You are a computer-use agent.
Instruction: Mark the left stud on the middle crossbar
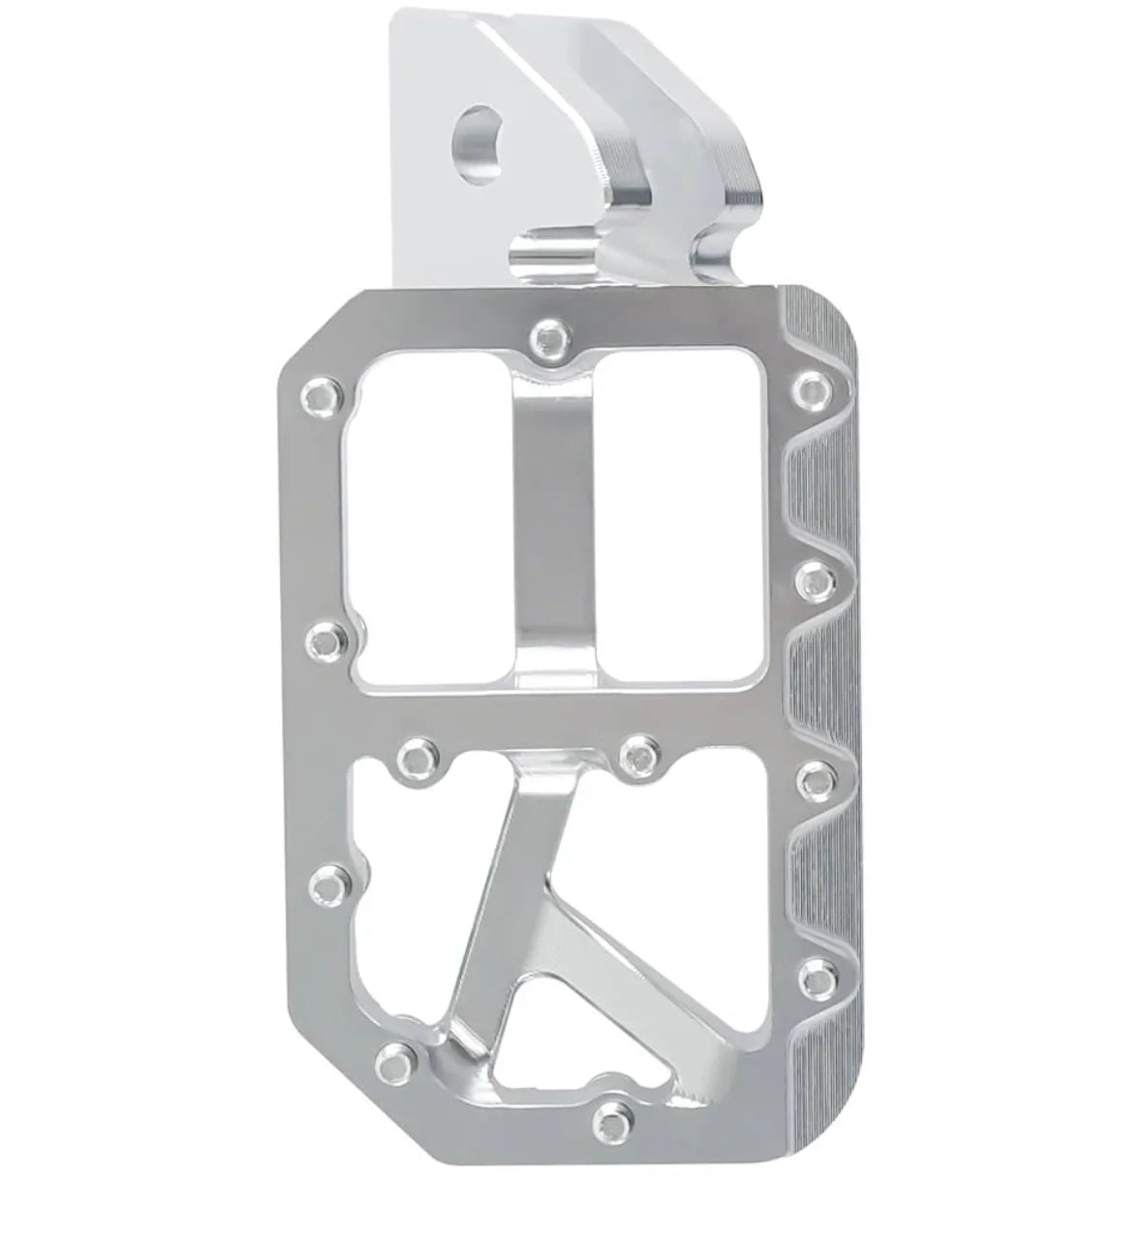[417, 755]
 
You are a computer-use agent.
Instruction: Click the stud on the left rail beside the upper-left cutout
[324, 638]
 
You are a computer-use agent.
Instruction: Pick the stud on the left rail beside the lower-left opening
[329, 882]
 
